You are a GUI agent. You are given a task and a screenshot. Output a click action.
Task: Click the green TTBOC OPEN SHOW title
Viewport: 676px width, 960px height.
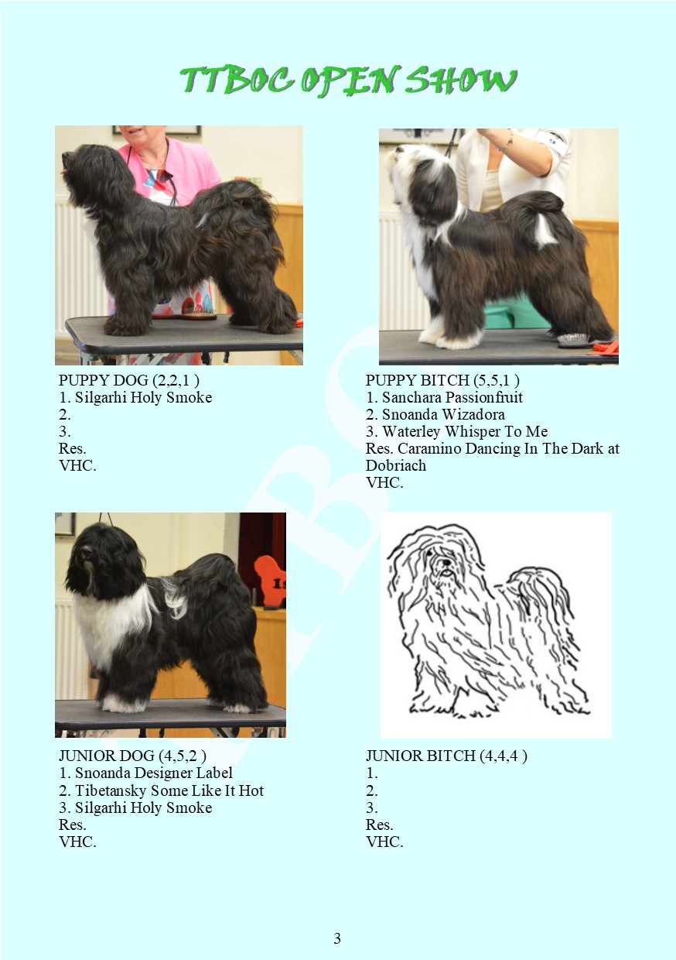[x=347, y=81]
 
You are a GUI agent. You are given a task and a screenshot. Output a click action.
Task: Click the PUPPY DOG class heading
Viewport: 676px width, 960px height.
[x=129, y=380]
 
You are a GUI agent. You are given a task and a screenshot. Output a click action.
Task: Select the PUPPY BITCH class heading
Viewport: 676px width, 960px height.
[x=442, y=380]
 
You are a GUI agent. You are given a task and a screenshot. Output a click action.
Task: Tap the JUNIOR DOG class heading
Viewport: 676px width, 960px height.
[x=132, y=756]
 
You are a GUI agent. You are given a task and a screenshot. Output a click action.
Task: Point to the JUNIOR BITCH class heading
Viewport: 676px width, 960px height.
[x=446, y=756]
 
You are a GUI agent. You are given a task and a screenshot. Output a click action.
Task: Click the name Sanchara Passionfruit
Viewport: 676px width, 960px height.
[x=452, y=397]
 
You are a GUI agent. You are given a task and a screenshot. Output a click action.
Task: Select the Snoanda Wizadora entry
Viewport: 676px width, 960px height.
[x=443, y=414]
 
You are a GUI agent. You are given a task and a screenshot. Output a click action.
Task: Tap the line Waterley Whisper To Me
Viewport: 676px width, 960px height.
[x=465, y=431]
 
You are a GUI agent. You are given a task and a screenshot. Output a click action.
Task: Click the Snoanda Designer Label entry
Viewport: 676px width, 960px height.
[x=154, y=773]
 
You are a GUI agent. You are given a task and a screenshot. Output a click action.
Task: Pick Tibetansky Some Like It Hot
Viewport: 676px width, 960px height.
[x=169, y=790]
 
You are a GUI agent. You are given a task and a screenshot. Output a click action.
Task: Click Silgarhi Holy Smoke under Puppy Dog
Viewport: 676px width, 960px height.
[x=143, y=397]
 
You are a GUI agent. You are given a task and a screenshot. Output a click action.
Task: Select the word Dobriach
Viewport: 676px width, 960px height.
[x=396, y=465]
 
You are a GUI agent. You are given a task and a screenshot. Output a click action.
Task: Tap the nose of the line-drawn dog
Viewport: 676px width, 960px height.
[x=446, y=562]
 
